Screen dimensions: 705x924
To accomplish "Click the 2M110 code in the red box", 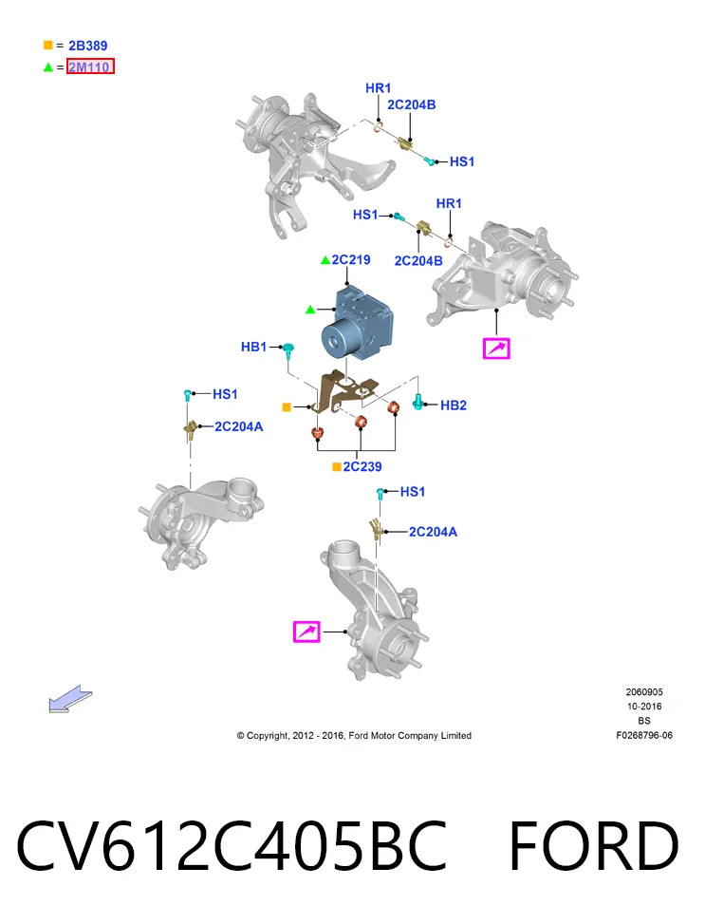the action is (89, 66).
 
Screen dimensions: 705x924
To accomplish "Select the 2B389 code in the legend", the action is (87, 46).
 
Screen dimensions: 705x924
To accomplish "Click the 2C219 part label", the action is (351, 259).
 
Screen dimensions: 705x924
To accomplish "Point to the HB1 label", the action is (254, 347).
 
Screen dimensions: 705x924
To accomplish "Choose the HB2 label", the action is (454, 405).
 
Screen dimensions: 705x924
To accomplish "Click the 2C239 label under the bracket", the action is (362, 466).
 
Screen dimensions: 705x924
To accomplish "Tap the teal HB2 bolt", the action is (417, 402).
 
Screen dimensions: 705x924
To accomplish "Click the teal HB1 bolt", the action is (288, 350).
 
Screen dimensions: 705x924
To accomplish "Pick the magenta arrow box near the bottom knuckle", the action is (306, 632).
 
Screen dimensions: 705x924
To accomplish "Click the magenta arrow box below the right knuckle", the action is (496, 349).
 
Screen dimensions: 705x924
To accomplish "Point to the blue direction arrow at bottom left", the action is (70, 698).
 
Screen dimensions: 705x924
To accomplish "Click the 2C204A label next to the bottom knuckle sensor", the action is (433, 532).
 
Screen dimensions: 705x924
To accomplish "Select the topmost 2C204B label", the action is (411, 104).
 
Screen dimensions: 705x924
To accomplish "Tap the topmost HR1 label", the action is (379, 87).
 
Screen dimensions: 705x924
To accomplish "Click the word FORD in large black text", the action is (594, 845).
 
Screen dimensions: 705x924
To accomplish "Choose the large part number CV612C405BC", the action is (232, 845).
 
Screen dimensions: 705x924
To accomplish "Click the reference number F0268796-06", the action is (644, 735).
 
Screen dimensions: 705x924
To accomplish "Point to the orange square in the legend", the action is (48, 46).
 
